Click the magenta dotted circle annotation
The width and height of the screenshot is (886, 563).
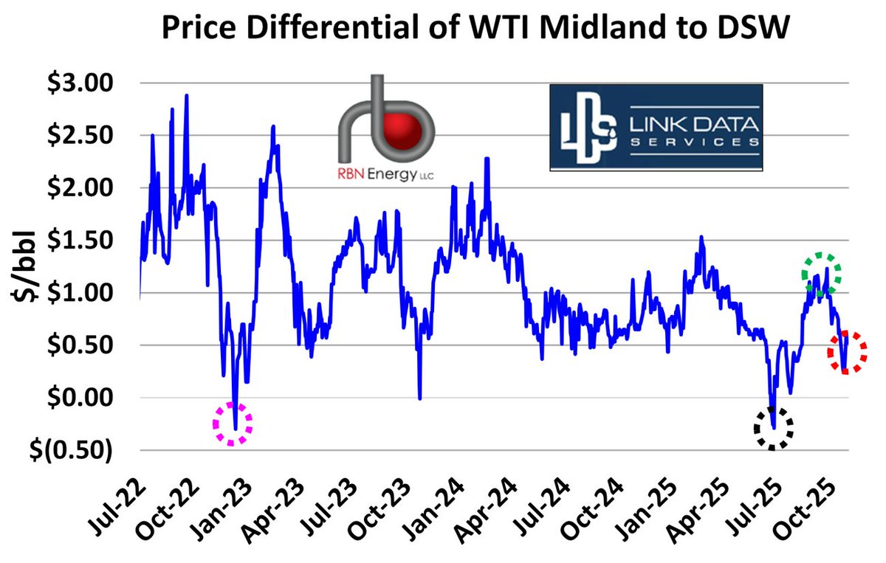point(233,424)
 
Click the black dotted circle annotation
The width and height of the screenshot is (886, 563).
point(773,428)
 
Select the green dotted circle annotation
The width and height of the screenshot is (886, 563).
point(822,274)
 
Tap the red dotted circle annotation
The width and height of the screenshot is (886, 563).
point(847,352)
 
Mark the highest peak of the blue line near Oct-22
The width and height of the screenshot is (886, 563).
point(187,96)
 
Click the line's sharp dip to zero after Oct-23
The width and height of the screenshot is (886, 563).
point(419,397)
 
